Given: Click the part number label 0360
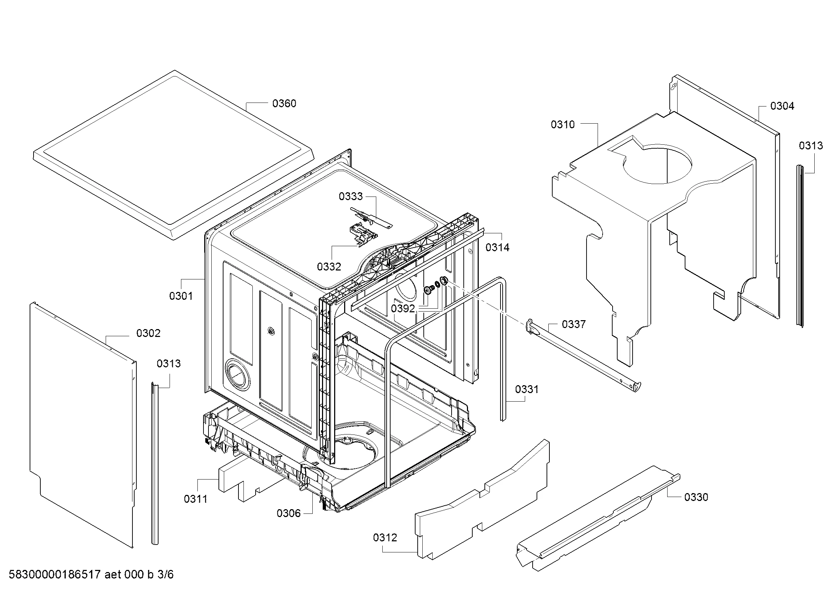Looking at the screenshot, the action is coord(284,104).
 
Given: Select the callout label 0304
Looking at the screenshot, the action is coord(782,106).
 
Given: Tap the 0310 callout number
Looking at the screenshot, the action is coord(563,125).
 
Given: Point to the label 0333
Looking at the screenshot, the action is coord(351,197).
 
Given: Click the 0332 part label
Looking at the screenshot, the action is coord(329,267).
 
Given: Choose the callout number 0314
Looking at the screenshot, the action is coord(498,248).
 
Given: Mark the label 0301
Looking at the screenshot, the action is coord(181,296).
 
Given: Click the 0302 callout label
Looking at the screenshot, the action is coord(149,333).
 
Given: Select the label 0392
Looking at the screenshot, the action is coord(403,309).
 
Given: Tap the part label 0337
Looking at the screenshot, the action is coord(574,324).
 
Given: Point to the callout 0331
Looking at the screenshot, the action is coord(527,389).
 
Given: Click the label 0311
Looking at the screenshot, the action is coord(196,499).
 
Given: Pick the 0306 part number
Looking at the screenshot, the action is coord(288,513).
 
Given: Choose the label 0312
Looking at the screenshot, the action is coord(385,537).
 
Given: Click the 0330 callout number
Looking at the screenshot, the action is coord(696,497).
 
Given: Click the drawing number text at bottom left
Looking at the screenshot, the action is coord(91,575).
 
